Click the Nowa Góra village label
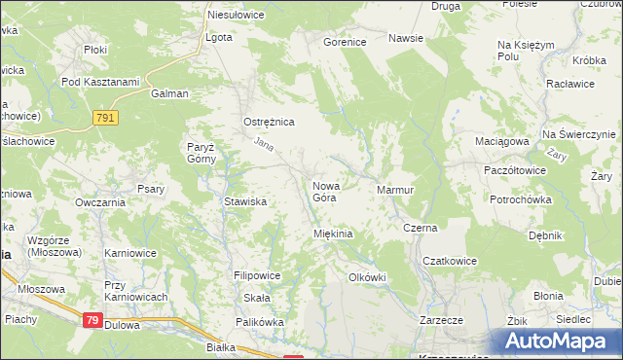[324, 191]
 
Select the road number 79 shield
[92, 320]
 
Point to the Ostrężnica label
[268, 122]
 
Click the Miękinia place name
[332, 234]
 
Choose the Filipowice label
[257, 275]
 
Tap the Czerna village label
[421, 228]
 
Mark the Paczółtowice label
[514, 169]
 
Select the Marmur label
[395, 189]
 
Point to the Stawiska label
[245, 202]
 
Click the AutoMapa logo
[559, 342]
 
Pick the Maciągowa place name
[501, 141]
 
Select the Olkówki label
[367, 277]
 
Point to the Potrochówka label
[521, 198]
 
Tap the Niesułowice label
[237, 16]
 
